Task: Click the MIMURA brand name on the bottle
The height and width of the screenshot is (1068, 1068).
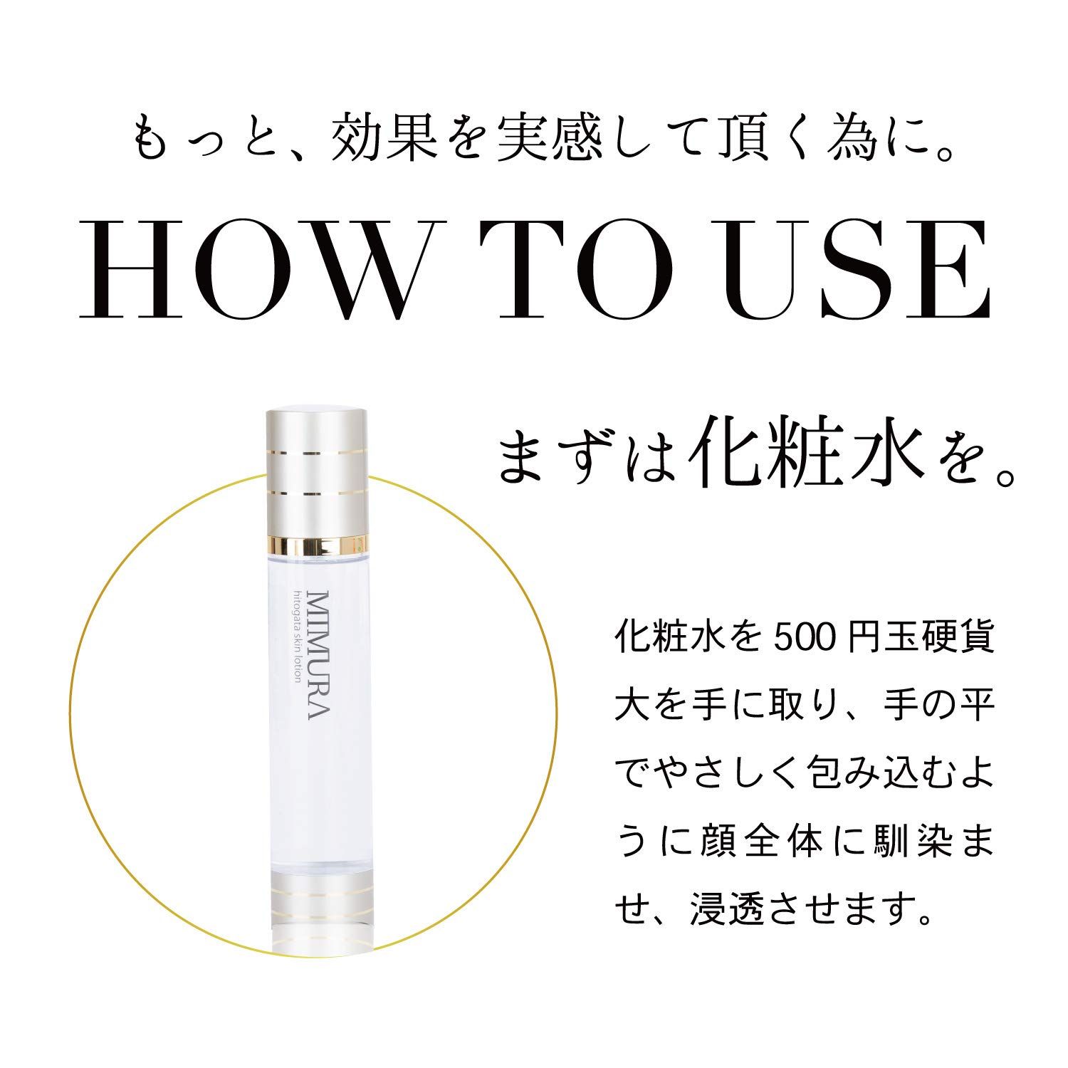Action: (315, 654)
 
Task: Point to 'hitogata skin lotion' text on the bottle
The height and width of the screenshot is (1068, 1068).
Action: (293, 646)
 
